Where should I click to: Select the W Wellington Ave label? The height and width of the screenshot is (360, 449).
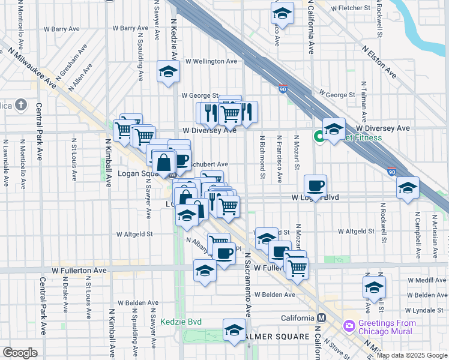[x=211, y=61]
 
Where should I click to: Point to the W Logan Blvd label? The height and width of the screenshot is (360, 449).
[x=315, y=197]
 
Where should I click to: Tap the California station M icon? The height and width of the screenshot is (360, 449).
[x=322, y=317]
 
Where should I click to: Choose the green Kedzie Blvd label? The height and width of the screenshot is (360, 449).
[x=181, y=322]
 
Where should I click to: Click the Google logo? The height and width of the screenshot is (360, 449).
[x=20, y=353]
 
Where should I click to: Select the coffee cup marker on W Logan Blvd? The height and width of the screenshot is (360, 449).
[x=315, y=185]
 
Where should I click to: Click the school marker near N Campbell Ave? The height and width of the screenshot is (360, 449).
[x=408, y=188]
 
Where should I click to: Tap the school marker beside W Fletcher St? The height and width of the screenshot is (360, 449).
[x=282, y=12]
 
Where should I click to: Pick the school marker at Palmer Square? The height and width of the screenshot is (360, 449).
[x=234, y=329]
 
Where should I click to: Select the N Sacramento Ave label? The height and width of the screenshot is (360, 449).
[x=247, y=295]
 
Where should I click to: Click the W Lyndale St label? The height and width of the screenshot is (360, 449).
[x=427, y=310]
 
